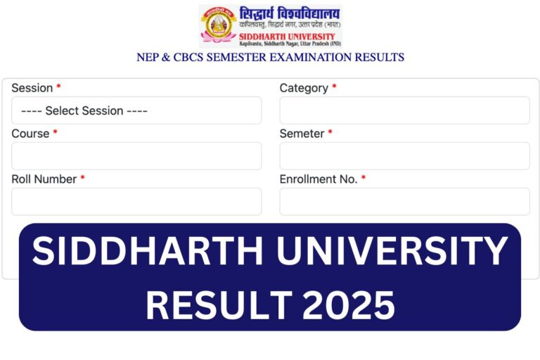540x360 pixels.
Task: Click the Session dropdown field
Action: pos(136,110)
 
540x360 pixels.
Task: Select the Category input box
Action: pos(404,110)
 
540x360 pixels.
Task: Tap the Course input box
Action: pos(136,156)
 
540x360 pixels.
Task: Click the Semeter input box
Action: pos(404,156)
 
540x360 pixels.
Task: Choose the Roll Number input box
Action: pos(136,202)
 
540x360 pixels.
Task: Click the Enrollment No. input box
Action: pos(404,202)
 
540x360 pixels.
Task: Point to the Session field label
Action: pos(32,88)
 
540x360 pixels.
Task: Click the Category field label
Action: pos(304,88)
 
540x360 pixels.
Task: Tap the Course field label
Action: pos(30,134)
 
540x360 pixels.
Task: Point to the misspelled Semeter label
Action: pos(302,134)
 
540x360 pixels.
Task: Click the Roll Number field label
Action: pos(44,179)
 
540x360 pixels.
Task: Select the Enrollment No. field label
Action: pos(318,179)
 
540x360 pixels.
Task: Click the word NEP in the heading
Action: pos(149,57)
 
